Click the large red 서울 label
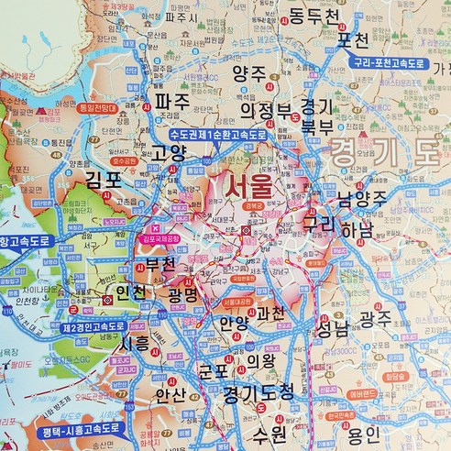(x=243, y=188)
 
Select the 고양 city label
(x=170, y=152)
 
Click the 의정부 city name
(x=266, y=112)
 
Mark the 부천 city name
(x=165, y=266)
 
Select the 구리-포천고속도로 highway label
(x=390, y=64)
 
